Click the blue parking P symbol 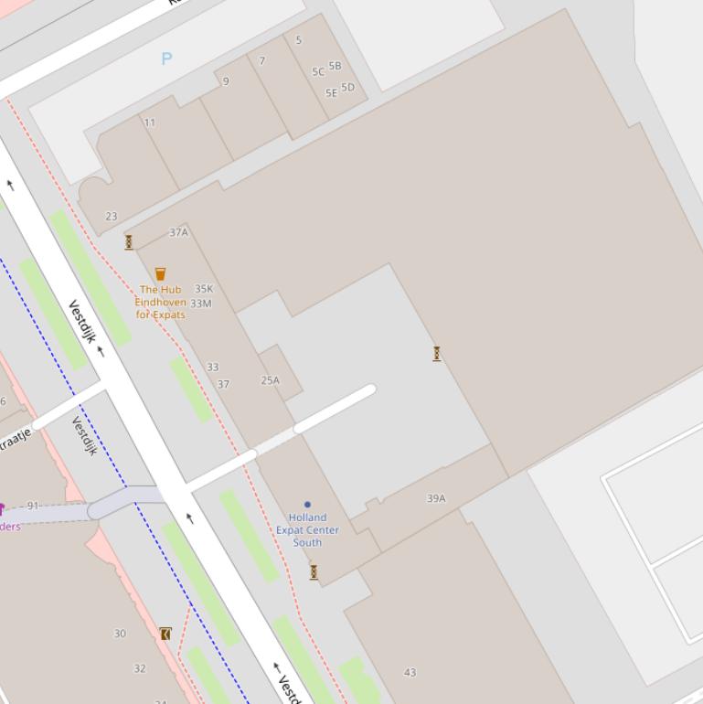pyautogui.click(x=166, y=59)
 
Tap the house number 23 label pyautogui.click(x=112, y=217)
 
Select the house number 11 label pyautogui.click(x=149, y=123)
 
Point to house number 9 pyautogui.click(x=226, y=81)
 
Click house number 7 pyautogui.click(x=262, y=61)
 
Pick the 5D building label pyautogui.click(x=347, y=88)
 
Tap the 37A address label pyautogui.click(x=179, y=232)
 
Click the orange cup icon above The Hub pyautogui.click(x=161, y=273)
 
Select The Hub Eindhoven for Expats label pyautogui.click(x=161, y=302)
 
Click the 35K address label pyautogui.click(x=204, y=289)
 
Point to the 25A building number pyautogui.click(x=271, y=380)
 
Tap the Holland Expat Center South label pyautogui.click(x=307, y=529)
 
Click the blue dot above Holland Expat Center pyautogui.click(x=307, y=504)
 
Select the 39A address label pyautogui.click(x=436, y=498)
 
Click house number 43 pyautogui.click(x=410, y=672)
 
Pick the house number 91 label pyautogui.click(x=34, y=506)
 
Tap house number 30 pyautogui.click(x=120, y=634)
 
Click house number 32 pyautogui.click(x=140, y=668)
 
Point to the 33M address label pyautogui.click(x=201, y=304)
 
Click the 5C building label pyautogui.click(x=318, y=71)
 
